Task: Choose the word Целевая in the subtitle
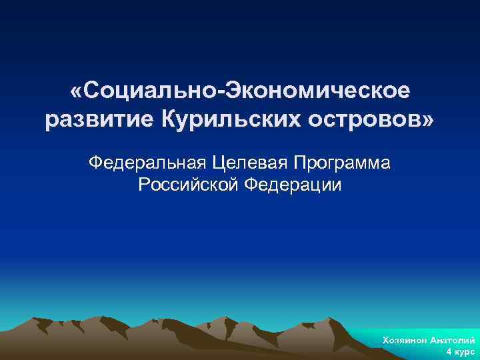coord(244,162)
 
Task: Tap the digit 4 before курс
coord(449,351)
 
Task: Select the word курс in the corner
coord(465,351)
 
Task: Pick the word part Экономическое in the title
coord(319,89)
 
